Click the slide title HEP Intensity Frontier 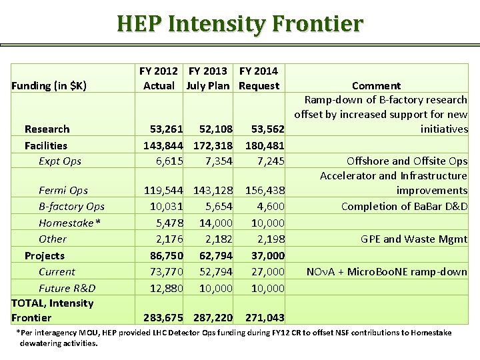tap(240, 24)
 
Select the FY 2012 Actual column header tap(159, 78)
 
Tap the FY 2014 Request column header tap(259, 78)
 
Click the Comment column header tap(376, 85)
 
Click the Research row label tap(47, 129)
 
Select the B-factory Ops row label tap(71, 206)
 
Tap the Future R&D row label tap(67, 288)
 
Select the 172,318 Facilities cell tap(213, 145)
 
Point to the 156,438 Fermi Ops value tap(265, 190)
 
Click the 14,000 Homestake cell tap(216, 223)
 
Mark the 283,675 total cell tap(163, 318)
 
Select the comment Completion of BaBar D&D tap(404, 206)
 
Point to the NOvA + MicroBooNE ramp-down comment tap(387, 271)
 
